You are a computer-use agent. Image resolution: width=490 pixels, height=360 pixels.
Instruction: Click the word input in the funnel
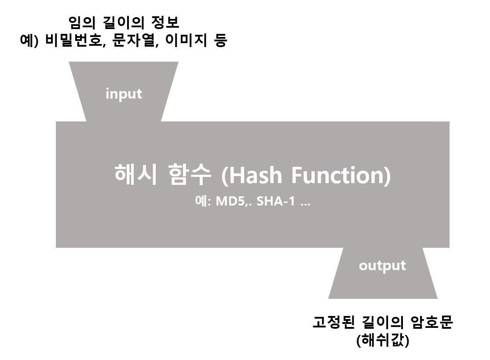coord(124,94)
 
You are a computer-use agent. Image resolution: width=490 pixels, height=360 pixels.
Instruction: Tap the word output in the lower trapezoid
coord(382,266)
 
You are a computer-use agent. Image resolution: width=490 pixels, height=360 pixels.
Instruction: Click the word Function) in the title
coord(340,175)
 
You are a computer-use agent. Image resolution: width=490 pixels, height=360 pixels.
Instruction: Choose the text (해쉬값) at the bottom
coord(382,340)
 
